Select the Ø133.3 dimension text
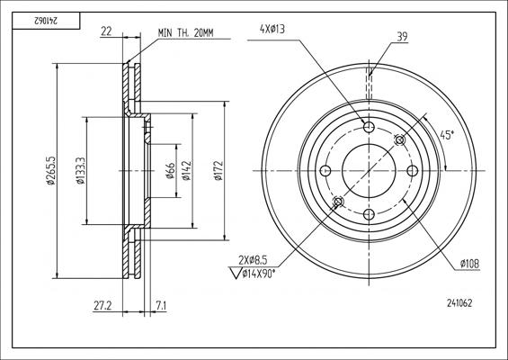click(81, 170)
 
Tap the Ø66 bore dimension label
click(170, 171)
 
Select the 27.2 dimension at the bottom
click(102, 305)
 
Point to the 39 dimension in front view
click(402, 36)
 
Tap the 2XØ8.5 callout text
click(254, 260)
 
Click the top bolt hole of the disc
click(369, 125)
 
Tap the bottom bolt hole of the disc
click(369, 214)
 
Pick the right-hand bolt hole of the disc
click(413, 170)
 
